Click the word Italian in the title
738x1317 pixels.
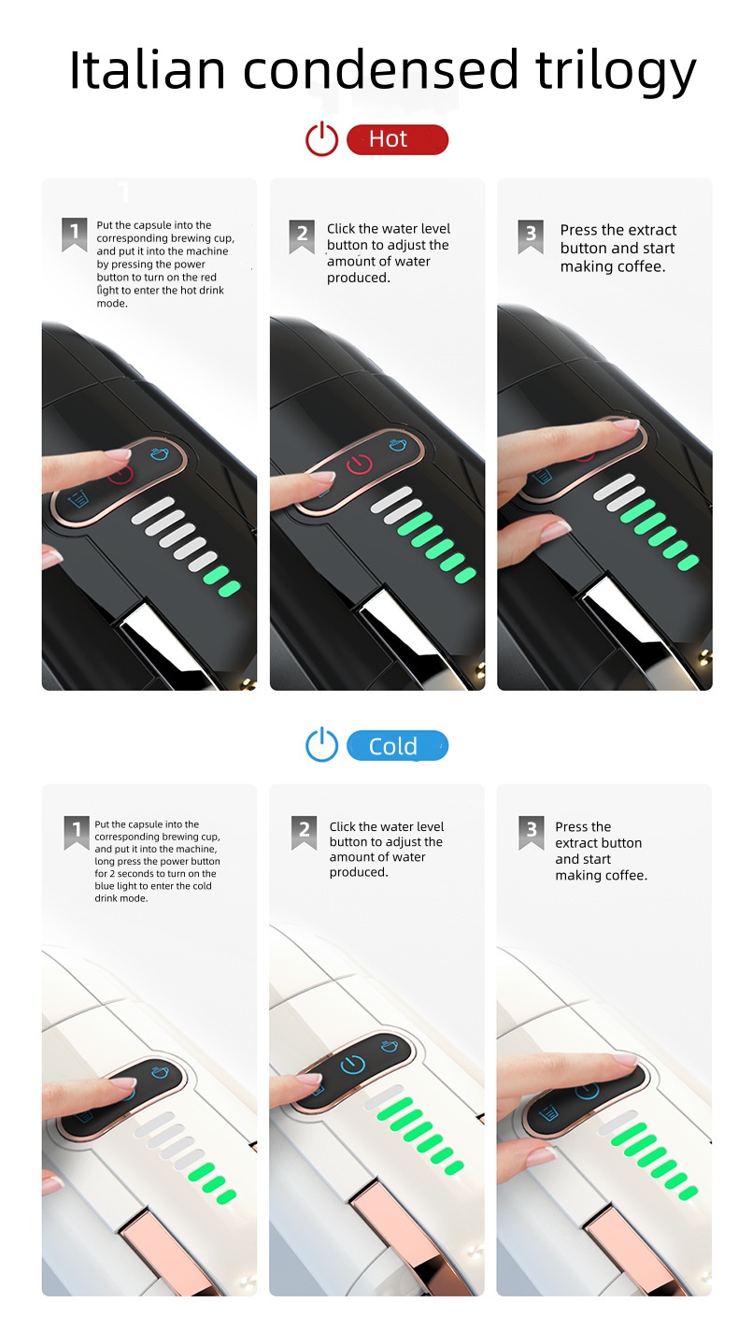(148, 71)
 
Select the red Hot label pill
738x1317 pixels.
(397, 140)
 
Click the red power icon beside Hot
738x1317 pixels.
(321, 140)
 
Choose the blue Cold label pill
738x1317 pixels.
(397, 746)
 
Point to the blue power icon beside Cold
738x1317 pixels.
(321, 746)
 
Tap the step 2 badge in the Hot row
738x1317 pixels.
(302, 236)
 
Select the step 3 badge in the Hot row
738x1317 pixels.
(531, 236)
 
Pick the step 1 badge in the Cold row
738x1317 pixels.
(76, 831)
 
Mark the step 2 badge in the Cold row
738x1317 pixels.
(304, 831)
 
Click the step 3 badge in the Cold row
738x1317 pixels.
(532, 831)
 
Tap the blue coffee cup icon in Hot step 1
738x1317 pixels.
(159, 454)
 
